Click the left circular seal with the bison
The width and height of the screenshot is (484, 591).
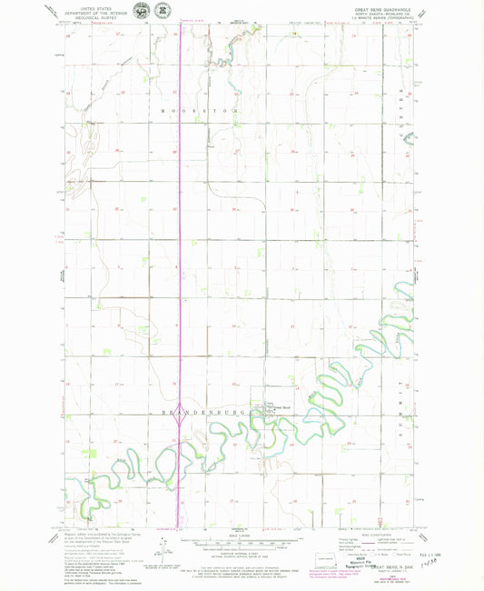pos(142,10)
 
